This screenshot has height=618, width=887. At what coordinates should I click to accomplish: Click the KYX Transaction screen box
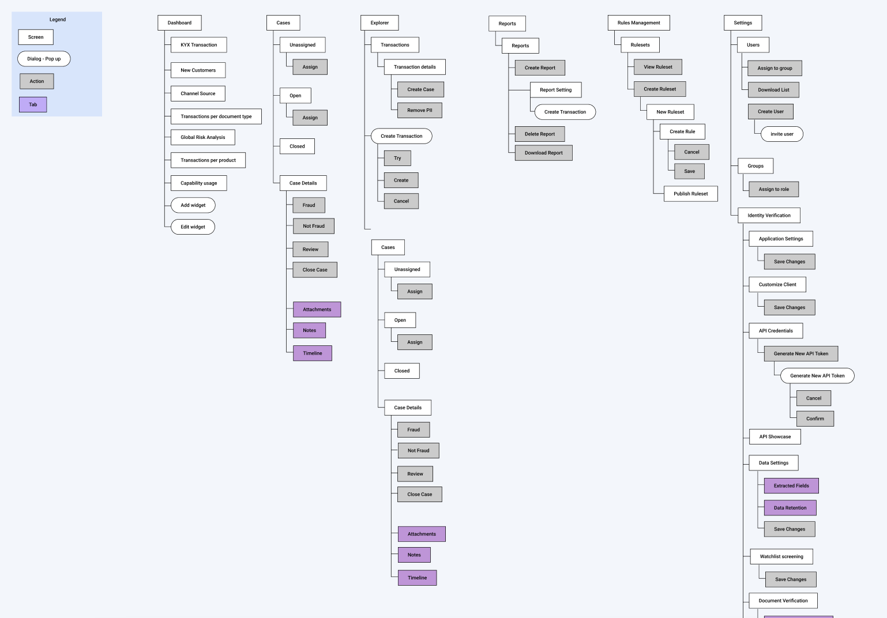(x=198, y=45)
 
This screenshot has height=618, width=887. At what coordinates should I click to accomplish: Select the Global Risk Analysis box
(x=202, y=137)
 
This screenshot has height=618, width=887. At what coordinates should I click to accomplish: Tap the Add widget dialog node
(x=193, y=205)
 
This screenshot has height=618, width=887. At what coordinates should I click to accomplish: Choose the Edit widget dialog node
(x=193, y=227)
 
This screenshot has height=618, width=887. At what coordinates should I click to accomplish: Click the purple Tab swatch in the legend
(x=33, y=105)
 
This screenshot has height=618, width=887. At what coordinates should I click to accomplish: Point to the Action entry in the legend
(x=36, y=81)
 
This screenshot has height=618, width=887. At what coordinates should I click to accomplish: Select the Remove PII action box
(x=419, y=110)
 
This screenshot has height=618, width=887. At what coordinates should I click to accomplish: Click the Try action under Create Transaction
(x=397, y=158)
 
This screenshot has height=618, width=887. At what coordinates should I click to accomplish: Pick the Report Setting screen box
(x=555, y=90)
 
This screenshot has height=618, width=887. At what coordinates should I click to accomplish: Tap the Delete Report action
(x=539, y=134)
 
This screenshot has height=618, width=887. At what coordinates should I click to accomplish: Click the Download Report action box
(x=543, y=153)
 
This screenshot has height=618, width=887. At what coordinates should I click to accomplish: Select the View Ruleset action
(x=657, y=67)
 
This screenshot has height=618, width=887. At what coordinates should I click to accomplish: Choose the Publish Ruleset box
(x=690, y=194)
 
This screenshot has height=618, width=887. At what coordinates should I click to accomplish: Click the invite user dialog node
(x=781, y=134)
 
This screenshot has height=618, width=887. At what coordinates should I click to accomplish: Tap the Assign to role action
(x=773, y=189)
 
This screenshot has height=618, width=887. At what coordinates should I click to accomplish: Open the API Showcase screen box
(x=775, y=437)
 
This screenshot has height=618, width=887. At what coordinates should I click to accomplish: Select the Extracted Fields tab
(x=791, y=486)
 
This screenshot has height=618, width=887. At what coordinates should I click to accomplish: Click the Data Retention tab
(x=790, y=508)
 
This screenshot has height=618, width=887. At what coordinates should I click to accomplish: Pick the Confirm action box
(x=814, y=419)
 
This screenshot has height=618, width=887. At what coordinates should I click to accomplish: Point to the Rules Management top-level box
(x=638, y=23)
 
